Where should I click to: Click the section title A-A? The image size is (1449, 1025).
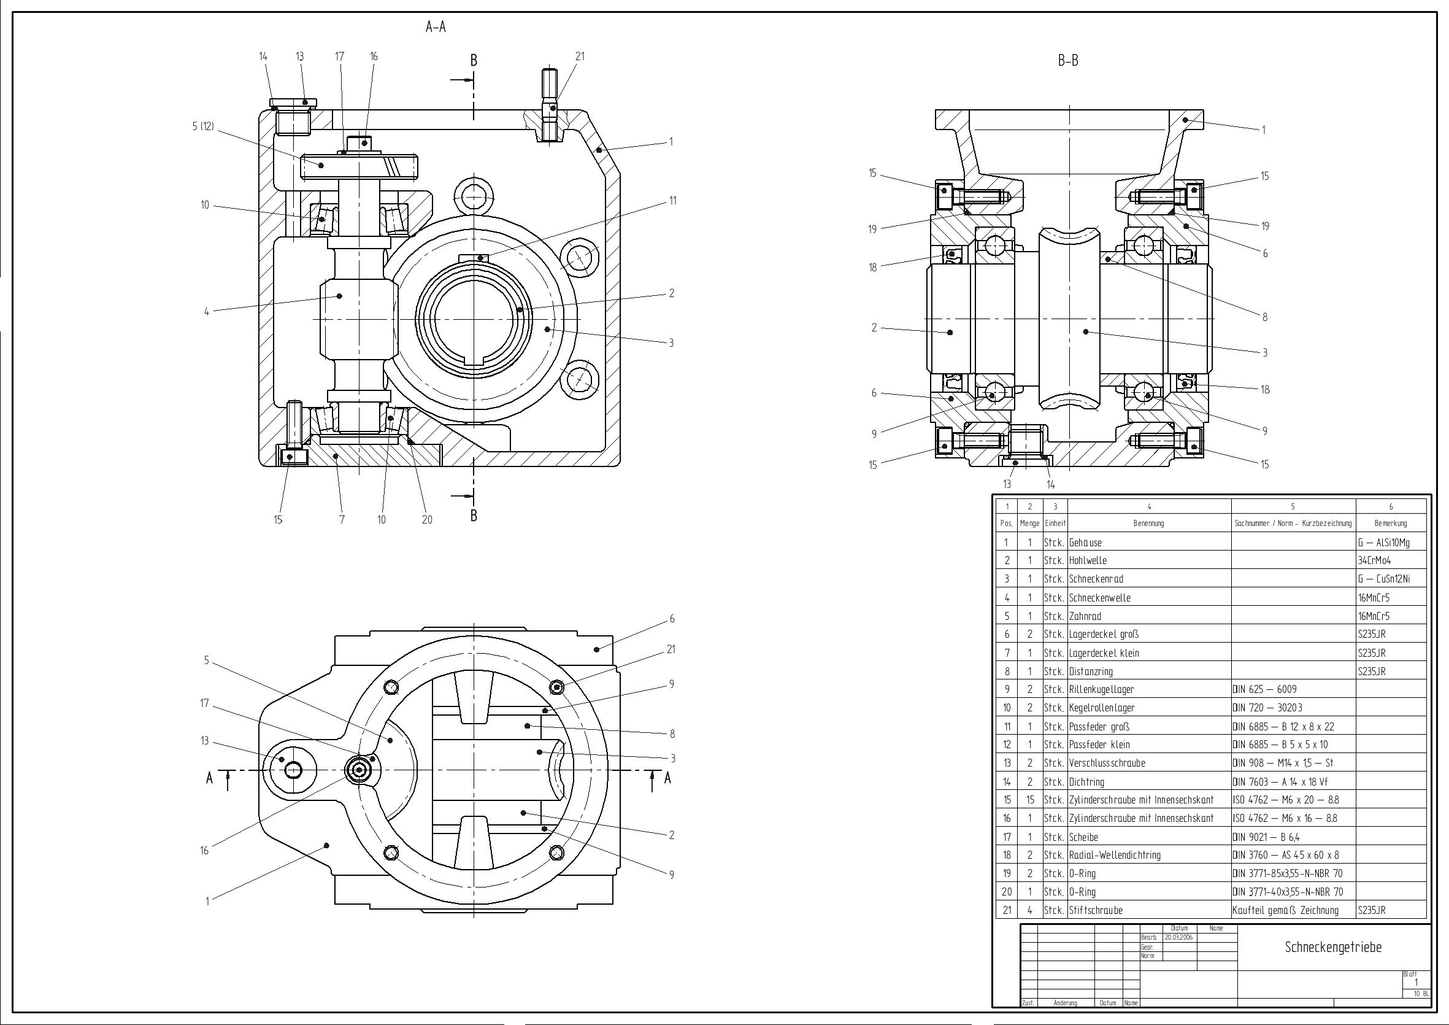pos(436,27)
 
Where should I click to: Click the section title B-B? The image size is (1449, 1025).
pos(1068,61)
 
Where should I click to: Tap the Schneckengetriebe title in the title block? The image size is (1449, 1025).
pos(1333,947)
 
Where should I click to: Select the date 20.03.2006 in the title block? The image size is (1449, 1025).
pos(1180,937)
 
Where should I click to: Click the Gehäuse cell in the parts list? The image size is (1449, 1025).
pos(1085,543)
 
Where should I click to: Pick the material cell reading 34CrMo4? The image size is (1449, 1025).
pos(1375,561)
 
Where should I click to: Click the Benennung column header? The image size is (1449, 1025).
pos(1148,524)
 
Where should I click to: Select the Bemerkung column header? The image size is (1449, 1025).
pos(1390,524)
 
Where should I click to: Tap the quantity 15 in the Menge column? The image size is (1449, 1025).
pos(1030,800)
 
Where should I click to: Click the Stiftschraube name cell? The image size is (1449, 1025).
pos(1096,911)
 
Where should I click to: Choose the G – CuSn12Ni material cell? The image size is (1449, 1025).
pos(1384,579)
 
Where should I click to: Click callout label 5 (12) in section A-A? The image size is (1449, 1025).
pos(203,126)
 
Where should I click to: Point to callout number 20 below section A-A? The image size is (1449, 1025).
pos(427,520)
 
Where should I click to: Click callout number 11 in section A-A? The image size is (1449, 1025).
pos(673,201)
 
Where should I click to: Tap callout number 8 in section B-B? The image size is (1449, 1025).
pos(1265,318)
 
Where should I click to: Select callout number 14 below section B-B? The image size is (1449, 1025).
pos(1051,485)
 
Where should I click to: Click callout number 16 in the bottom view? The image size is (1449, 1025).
pos(204,851)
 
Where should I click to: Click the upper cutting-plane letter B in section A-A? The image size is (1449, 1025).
pos(474,61)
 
